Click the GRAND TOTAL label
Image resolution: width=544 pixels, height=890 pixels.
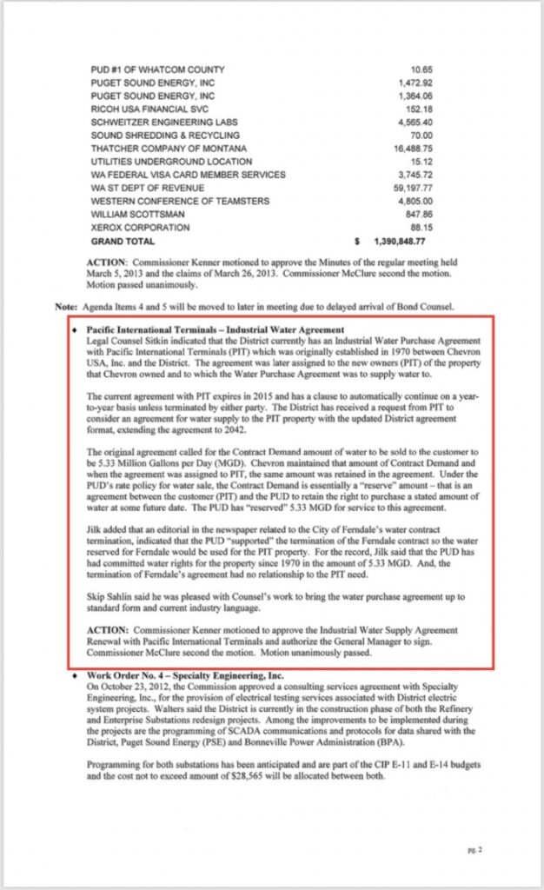point(123,241)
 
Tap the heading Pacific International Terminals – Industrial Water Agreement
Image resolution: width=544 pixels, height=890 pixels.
point(216,329)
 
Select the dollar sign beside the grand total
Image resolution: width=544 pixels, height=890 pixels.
point(357,241)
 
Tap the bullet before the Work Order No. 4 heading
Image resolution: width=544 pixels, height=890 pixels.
point(76,675)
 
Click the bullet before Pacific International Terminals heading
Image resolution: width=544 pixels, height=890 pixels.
point(76,330)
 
